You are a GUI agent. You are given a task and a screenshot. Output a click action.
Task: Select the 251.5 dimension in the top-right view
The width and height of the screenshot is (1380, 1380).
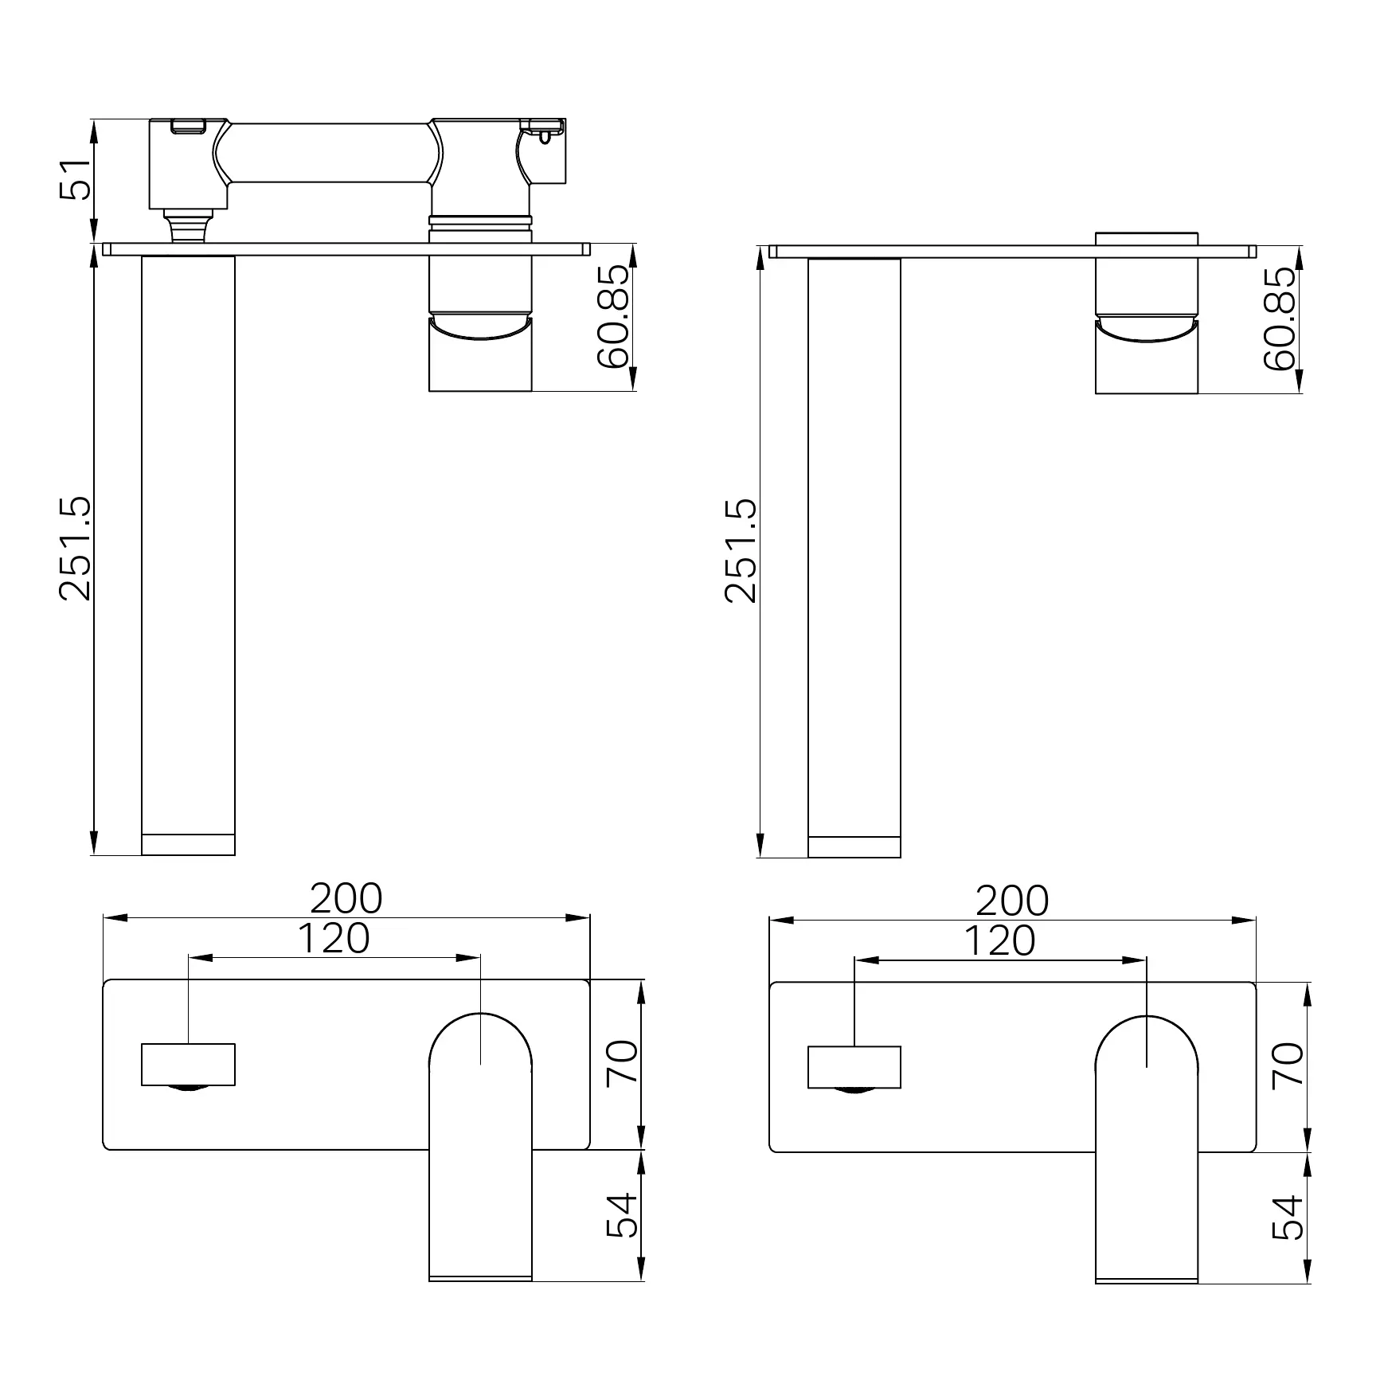(741, 550)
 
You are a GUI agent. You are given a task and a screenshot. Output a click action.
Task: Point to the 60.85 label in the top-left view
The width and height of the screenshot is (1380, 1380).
(613, 316)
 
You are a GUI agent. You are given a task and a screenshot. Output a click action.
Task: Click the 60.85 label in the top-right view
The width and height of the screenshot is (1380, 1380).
(1280, 318)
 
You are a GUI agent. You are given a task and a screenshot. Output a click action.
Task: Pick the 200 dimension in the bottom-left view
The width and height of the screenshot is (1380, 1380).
(346, 898)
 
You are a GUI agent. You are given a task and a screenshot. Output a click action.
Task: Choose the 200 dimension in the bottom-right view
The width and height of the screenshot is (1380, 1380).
(1012, 901)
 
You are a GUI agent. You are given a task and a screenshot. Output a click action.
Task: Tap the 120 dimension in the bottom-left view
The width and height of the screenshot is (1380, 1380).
(334, 938)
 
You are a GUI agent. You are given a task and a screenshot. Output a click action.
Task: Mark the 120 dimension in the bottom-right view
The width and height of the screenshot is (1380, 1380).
(999, 940)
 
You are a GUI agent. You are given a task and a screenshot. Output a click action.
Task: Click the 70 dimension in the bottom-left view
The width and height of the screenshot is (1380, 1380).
(622, 1061)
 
